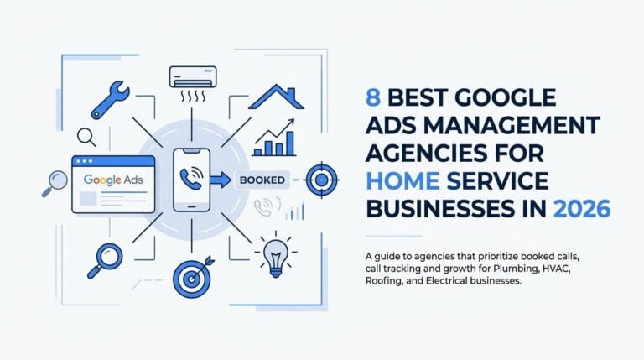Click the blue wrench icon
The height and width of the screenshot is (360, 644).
click(110, 101)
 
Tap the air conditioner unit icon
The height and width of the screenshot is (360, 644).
click(193, 77)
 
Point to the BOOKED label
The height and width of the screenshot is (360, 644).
click(262, 180)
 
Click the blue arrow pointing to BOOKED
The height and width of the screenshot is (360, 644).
click(221, 180)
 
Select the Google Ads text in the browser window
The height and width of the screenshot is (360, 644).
click(113, 180)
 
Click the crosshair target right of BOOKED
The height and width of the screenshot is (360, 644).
click(322, 180)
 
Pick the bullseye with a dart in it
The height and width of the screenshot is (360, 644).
click(193, 277)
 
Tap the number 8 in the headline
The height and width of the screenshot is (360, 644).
click(372, 97)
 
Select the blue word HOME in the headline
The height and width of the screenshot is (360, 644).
click(402, 181)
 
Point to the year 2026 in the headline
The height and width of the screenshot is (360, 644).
click(582, 209)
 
